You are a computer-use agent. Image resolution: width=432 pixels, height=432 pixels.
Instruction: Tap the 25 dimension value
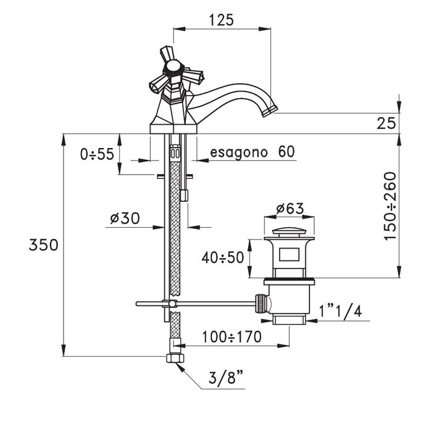[x=386, y=123]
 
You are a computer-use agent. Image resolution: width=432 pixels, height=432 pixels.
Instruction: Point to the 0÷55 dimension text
[x=97, y=154]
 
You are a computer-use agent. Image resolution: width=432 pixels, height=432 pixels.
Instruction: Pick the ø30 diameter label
[x=125, y=218]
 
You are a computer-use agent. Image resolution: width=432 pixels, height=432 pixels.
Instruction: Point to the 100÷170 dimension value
[x=231, y=337]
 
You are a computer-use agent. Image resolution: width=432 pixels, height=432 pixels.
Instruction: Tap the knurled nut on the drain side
[x=264, y=304]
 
